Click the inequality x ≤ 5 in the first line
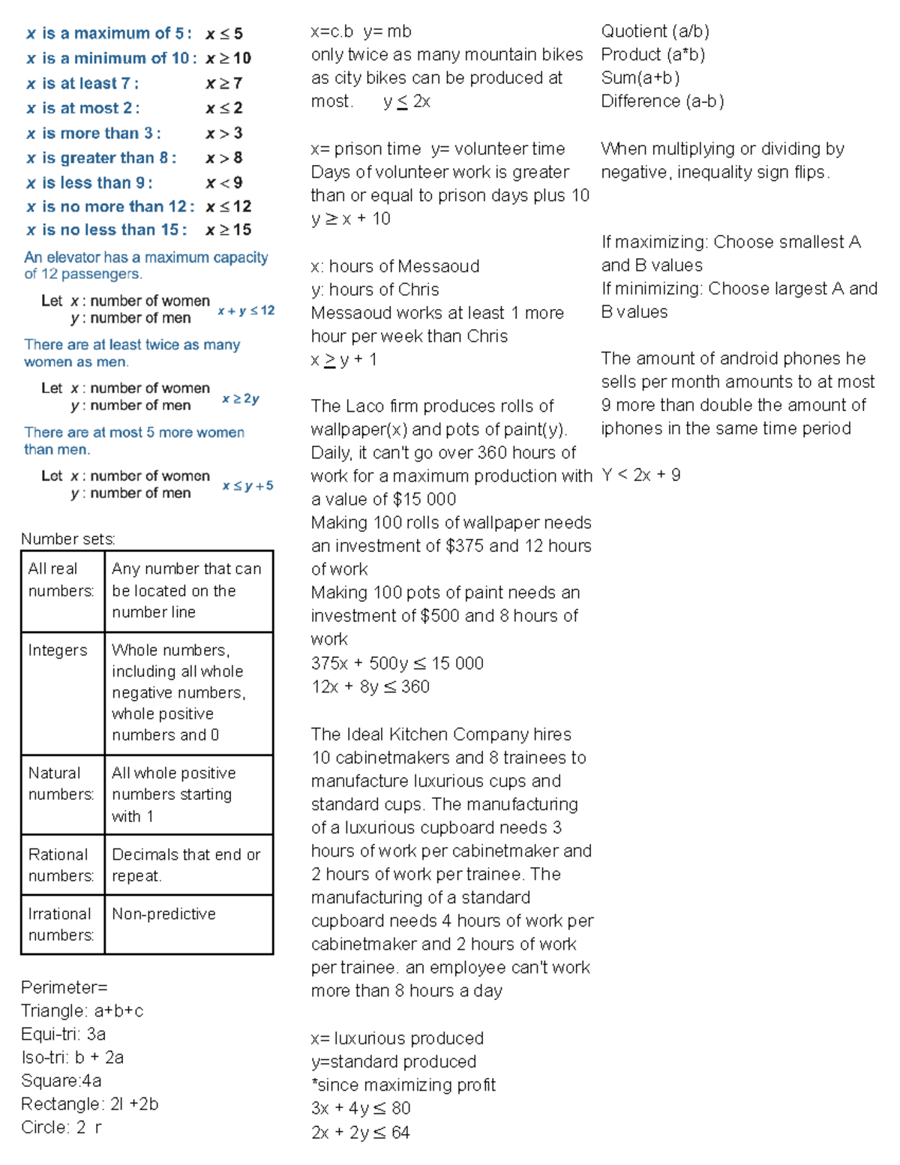pos(224,34)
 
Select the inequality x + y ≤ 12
pos(246,311)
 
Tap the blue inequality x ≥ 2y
pos(241,398)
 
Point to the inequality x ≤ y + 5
pos(247,486)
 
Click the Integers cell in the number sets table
pos(58,650)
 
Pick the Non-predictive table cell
pos(163,914)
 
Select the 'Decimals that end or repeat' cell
pos(186,865)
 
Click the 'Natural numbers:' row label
pos(61,783)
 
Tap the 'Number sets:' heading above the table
pos(68,539)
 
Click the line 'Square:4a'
pos(61,1080)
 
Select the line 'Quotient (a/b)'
pos(655,32)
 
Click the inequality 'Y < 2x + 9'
pos(640,475)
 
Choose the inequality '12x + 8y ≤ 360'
pos(370,686)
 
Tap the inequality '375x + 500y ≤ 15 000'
pos(397,663)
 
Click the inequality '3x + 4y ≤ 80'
pos(361,1108)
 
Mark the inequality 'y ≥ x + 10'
pos(351,218)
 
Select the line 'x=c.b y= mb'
pos(361,32)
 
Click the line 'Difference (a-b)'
pos(662,101)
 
